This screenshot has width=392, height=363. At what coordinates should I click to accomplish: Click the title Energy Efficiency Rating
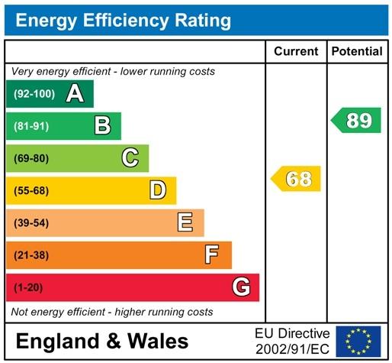coord(124,20)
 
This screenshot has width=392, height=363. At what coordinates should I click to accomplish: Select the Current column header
coord(296,52)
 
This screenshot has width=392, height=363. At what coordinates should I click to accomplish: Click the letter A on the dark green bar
coord(75,94)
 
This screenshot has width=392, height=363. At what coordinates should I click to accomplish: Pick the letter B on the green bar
coord(103,125)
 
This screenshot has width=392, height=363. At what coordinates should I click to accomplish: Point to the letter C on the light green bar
coord(130,158)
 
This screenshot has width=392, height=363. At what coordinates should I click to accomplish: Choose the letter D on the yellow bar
coord(158,190)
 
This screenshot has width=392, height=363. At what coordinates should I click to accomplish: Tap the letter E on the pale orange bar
coord(185,222)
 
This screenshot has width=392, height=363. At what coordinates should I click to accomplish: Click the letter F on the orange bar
coord(213,254)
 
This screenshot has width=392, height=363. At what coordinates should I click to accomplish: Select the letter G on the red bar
coord(241,287)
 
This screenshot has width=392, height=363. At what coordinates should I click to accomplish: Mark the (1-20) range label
coord(26,287)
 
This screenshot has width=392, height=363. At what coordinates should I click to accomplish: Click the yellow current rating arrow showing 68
coord(296,180)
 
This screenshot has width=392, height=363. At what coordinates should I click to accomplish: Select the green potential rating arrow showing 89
coord(356,120)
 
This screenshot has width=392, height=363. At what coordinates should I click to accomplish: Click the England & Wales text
coord(101,341)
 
